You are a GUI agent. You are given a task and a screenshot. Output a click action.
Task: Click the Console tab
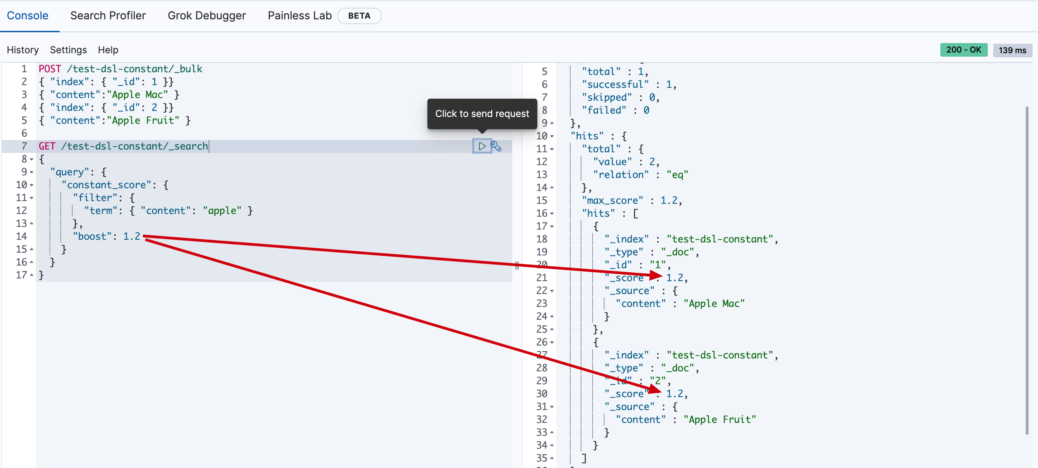27,16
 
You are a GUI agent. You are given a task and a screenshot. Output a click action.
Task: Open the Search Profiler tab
108,16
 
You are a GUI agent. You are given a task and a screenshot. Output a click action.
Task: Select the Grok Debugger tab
206,16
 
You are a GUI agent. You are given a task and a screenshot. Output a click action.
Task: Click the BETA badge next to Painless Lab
359,16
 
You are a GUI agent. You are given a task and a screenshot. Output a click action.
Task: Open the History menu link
23,50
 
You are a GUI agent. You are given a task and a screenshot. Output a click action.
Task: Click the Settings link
68,50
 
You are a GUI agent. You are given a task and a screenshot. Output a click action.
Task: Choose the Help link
108,50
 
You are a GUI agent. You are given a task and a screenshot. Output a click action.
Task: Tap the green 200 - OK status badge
963,50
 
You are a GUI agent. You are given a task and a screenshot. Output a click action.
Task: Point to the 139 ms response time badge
1012,50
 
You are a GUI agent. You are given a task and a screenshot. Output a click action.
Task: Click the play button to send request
482,146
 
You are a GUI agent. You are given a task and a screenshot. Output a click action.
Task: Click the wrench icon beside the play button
496,146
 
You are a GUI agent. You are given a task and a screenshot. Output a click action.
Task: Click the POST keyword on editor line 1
50,69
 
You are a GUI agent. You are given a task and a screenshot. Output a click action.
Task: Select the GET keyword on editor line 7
47,146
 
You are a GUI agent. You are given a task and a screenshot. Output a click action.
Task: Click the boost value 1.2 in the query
132,236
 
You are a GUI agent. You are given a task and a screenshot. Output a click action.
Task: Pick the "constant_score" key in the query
103,185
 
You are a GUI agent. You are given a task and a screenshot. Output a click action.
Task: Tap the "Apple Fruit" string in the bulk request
143,120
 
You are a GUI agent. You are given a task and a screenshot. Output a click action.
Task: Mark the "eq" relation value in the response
677,175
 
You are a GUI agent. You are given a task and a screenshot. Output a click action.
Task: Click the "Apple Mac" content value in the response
714,304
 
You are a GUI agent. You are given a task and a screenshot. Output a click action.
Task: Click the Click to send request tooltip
482,114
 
